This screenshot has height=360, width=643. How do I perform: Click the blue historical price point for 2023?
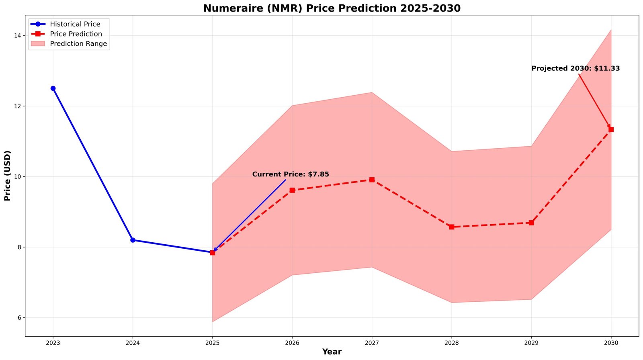53,88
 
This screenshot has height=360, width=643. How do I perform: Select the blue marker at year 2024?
133,240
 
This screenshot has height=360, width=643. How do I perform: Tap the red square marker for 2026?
292,190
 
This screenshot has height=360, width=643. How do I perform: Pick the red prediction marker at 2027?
372,180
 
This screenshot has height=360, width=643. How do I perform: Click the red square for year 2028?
452,227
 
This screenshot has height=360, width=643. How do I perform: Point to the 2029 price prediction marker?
531,223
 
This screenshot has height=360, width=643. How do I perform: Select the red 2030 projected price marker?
611,129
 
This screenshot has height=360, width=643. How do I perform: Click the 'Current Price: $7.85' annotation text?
291,174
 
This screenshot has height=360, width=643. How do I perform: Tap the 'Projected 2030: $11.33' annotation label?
575,68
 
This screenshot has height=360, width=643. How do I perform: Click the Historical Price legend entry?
75,24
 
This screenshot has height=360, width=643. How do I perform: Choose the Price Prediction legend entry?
76,34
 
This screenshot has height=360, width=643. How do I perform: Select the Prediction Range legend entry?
78,44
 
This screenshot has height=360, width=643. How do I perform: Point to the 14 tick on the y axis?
17,35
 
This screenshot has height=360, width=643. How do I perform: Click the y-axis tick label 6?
18,318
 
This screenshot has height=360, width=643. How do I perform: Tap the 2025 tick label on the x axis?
212,343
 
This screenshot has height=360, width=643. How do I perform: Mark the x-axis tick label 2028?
452,343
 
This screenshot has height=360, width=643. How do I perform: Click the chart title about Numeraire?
332,8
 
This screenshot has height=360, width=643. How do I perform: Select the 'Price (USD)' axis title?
7,176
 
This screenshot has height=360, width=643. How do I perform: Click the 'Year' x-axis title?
332,352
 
